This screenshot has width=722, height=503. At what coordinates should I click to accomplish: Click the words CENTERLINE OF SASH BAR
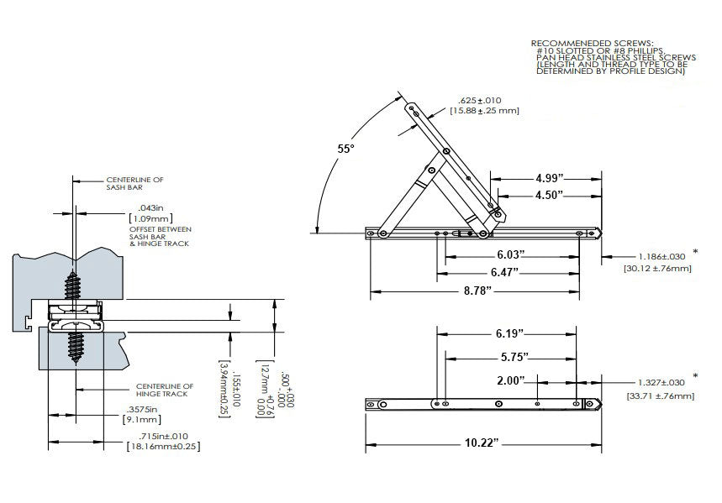coord(129,184)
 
